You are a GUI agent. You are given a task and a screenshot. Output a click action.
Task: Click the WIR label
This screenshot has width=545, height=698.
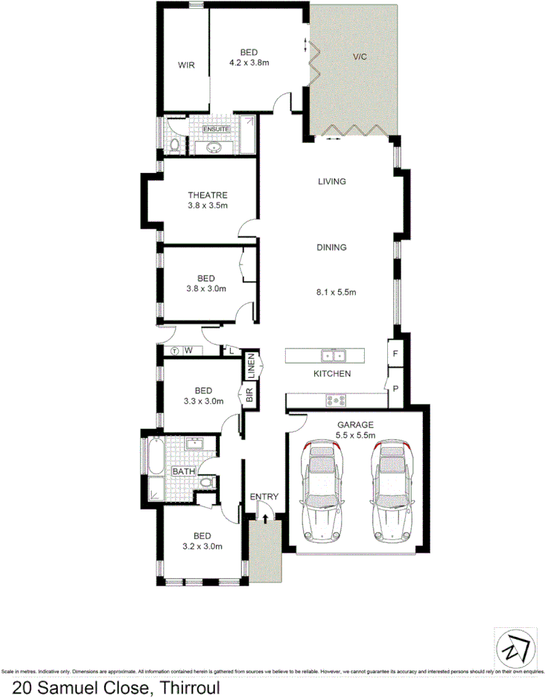click(x=185, y=66)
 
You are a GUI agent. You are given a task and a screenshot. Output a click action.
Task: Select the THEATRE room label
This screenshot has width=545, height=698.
click(x=207, y=195)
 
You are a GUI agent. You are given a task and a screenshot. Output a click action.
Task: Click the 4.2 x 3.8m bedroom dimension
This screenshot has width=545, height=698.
click(x=249, y=63)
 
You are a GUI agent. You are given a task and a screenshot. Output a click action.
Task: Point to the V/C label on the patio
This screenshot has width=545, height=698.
click(x=360, y=57)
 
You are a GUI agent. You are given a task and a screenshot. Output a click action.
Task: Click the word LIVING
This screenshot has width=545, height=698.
click(x=332, y=181)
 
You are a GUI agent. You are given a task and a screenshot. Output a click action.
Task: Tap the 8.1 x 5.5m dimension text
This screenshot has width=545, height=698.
click(x=337, y=293)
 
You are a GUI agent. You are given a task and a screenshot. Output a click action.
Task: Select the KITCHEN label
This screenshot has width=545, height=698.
click(x=332, y=373)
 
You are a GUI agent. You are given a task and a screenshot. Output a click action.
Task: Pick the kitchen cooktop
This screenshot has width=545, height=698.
click(x=337, y=401)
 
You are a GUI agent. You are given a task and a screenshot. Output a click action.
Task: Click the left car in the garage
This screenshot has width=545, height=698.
click(x=322, y=492)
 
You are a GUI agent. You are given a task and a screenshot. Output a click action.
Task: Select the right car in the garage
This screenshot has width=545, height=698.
click(x=391, y=492)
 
